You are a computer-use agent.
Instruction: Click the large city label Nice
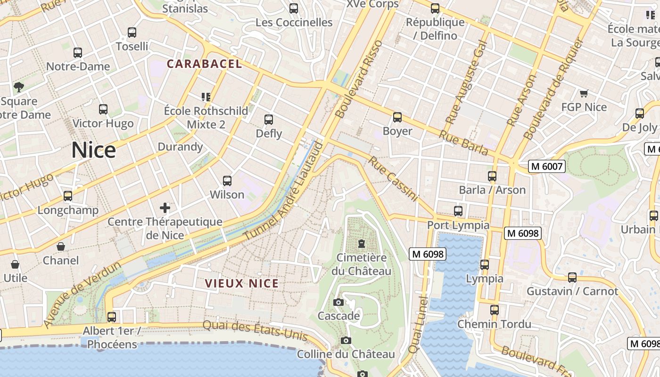94,150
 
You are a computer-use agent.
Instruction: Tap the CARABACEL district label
205,64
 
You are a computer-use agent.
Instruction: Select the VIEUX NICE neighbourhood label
242,284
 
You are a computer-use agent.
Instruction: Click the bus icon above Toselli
132,33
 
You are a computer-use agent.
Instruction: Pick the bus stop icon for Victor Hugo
103,109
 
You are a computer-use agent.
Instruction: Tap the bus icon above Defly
269,120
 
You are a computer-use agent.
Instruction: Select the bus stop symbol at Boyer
397,117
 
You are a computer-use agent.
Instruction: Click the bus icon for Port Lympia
458,211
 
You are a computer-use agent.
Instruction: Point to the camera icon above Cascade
338,302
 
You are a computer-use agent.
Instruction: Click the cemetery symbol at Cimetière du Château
361,244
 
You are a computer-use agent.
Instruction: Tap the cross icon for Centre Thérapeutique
165,207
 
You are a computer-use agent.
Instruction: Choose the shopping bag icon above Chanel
61,246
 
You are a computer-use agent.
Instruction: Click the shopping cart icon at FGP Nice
584,93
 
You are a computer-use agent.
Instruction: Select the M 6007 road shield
546,166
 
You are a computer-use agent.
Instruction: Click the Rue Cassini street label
393,180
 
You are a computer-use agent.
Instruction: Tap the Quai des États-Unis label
255,331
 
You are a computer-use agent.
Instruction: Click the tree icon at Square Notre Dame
19,87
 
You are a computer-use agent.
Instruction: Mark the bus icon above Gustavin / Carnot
572,278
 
